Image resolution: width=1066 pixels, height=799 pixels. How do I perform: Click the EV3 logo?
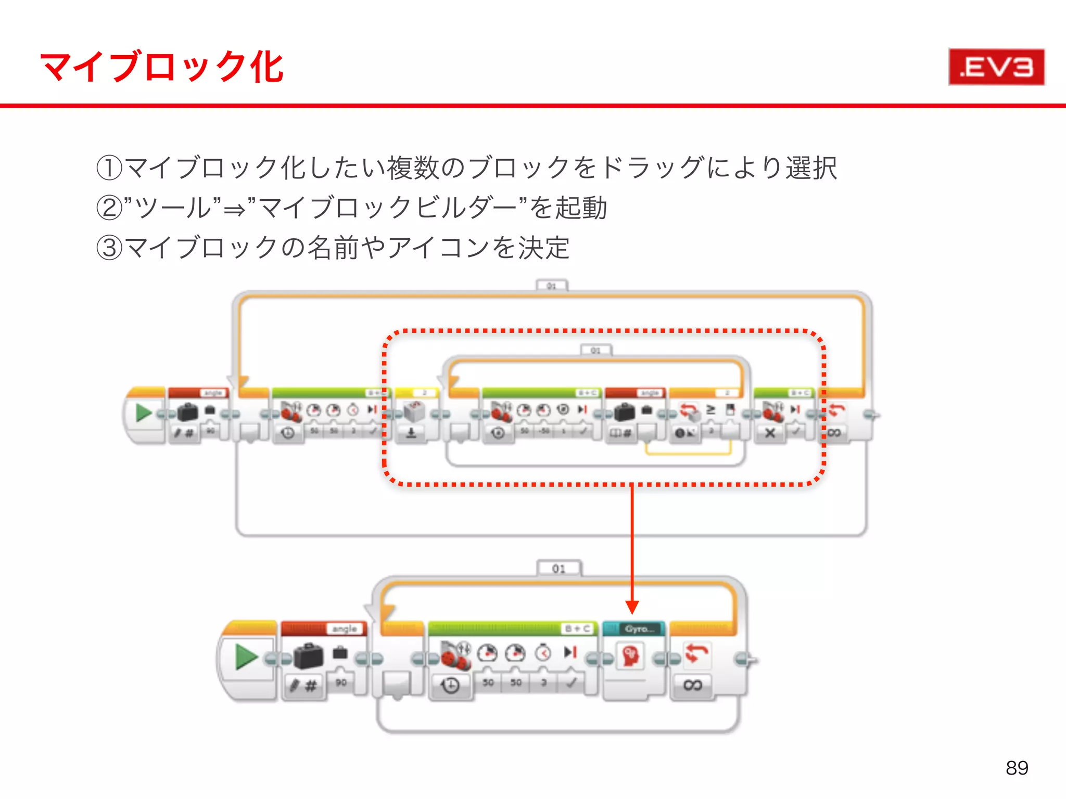(996, 67)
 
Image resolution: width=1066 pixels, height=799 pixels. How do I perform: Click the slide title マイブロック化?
(161, 67)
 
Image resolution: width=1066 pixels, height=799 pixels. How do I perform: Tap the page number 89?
(1017, 768)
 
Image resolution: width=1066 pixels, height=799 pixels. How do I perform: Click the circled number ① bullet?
(109, 168)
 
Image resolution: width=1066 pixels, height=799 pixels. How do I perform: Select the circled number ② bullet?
(109, 208)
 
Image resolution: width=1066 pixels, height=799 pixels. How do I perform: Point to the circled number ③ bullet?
(109, 248)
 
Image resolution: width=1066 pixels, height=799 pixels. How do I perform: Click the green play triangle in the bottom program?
(246, 657)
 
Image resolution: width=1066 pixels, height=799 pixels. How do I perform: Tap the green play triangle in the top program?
(143, 414)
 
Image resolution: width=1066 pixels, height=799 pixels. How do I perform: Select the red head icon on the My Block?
(630, 656)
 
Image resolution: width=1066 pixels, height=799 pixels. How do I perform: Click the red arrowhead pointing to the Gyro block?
(632, 607)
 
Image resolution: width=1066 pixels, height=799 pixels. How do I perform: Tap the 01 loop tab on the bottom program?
(559, 569)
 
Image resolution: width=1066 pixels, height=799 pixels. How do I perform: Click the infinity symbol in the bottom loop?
(692, 685)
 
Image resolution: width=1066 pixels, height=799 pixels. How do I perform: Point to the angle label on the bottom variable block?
(345, 629)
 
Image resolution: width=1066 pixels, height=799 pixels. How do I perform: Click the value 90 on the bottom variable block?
(341, 682)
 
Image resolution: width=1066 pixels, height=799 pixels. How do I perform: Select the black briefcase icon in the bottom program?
(308, 656)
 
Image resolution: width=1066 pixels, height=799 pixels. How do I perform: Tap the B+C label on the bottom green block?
(578, 629)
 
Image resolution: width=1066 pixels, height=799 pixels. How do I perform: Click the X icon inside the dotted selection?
(770, 433)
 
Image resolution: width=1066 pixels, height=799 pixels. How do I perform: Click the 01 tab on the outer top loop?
(551, 286)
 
